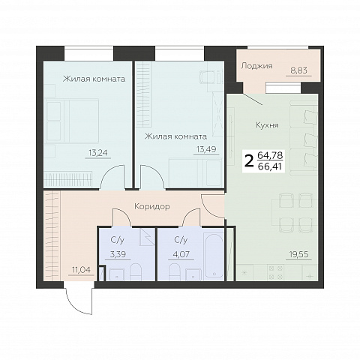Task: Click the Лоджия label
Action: [x=256, y=66]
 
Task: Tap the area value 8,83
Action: [x=298, y=70]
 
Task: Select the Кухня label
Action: [x=267, y=124]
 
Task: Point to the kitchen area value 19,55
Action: [x=299, y=254]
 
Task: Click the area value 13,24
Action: [x=98, y=152]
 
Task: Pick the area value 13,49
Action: [x=206, y=149]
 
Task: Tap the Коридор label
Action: [x=152, y=206]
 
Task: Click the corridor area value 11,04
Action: [x=81, y=270]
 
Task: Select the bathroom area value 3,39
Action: [x=118, y=254]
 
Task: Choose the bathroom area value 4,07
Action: [x=181, y=254]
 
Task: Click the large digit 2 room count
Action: [x=249, y=161]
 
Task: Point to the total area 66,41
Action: [x=270, y=166]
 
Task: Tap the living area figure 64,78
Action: [x=270, y=155]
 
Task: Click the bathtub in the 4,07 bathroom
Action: [x=214, y=256]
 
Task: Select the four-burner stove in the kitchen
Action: [x=275, y=272]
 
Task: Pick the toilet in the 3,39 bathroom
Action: [x=136, y=271]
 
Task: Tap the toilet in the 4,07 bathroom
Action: [x=175, y=271]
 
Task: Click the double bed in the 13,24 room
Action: [x=72, y=121]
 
